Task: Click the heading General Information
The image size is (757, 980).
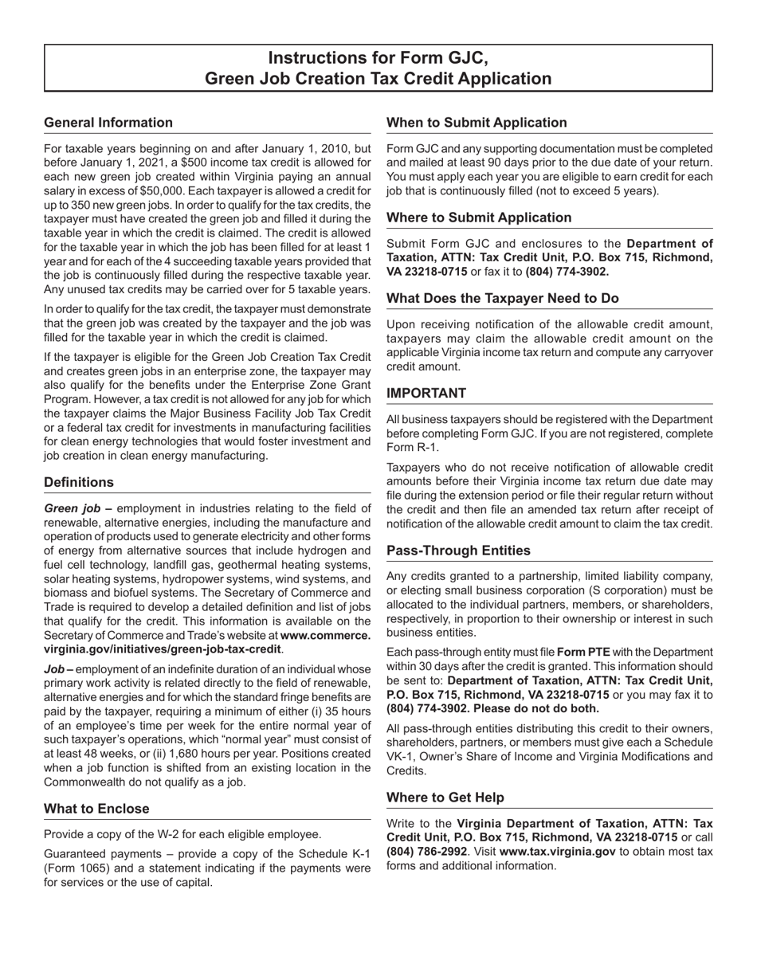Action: click(108, 123)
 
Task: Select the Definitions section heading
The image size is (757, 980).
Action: click(79, 483)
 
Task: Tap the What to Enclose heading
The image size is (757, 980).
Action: click(96, 809)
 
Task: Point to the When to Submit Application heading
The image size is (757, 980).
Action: click(477, 123)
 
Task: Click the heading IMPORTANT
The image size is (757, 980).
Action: click(426, 394)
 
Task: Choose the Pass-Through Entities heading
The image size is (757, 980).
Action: click(458, 551)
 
